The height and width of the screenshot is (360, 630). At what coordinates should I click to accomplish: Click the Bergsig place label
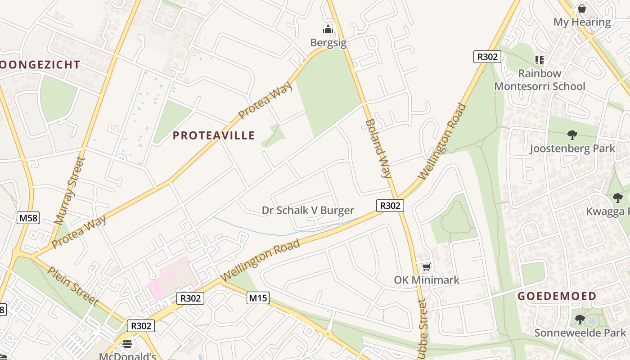328,43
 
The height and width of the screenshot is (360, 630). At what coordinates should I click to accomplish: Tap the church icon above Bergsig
328,30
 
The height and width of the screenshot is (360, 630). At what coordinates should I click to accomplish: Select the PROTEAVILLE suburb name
214,135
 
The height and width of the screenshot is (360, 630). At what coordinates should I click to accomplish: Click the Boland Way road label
378,148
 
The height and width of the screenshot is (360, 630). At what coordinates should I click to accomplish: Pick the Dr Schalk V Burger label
308,210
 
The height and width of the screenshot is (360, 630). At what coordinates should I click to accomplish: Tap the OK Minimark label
427,280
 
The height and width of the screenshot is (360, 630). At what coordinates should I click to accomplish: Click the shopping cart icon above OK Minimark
427,268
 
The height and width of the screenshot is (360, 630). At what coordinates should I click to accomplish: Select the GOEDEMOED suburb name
557,296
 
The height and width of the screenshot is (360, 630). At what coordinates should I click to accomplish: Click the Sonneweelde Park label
580,333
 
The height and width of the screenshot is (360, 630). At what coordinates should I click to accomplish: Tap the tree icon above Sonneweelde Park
580,320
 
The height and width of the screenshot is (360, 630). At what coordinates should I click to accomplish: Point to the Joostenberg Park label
572,148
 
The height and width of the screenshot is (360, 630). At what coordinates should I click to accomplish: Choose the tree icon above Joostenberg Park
572,135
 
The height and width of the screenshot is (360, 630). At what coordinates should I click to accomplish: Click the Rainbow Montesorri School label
540,80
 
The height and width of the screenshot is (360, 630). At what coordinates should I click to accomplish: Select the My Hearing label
582,22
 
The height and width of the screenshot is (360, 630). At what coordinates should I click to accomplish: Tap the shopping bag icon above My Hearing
582,9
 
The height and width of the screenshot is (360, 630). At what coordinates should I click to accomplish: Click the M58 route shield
28,218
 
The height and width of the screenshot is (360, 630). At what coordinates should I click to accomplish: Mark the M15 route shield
258,297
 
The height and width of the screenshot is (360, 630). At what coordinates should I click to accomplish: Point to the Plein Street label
73,286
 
